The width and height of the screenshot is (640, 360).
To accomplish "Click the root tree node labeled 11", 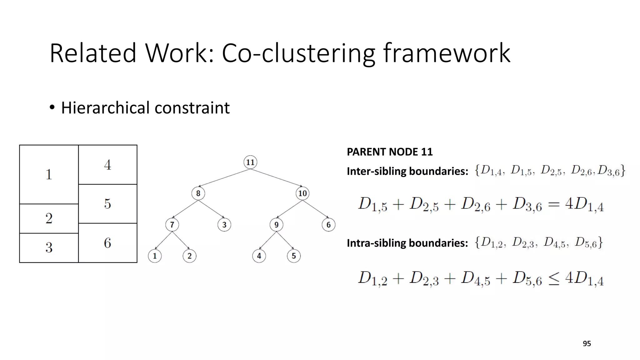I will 250,162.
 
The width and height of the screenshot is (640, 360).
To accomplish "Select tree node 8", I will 198,193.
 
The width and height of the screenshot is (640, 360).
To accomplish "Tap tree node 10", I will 302,193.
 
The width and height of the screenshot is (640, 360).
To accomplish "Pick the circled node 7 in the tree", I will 172,224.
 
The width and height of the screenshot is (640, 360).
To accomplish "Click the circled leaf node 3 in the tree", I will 224,224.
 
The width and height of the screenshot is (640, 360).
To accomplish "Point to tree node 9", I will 276,224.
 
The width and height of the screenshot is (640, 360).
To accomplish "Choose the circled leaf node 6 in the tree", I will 328,224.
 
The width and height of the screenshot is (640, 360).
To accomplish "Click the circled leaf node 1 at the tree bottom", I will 155,256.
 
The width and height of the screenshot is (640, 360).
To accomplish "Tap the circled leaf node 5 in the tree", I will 294,256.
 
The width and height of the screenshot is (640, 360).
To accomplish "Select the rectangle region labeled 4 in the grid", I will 107,165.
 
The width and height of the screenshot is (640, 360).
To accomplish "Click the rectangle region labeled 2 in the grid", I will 49,218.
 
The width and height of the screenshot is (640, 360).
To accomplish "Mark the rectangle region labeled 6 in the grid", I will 107,243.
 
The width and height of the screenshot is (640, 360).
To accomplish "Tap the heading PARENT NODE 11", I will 389,152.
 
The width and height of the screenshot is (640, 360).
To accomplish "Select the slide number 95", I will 587,344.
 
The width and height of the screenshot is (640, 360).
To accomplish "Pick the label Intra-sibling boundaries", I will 407,243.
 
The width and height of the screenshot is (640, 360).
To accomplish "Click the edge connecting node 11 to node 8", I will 224,178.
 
